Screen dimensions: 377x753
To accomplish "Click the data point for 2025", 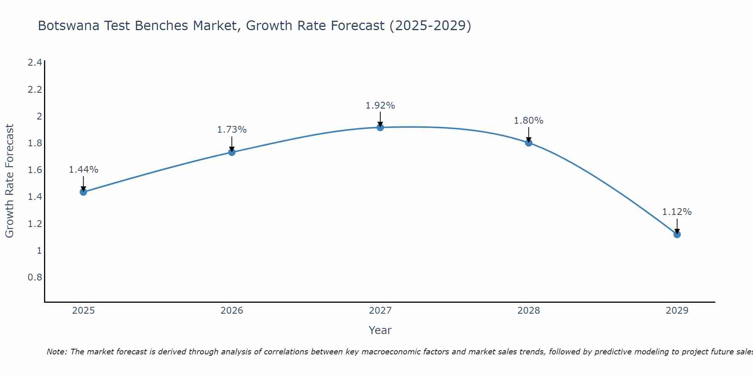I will point(83,192).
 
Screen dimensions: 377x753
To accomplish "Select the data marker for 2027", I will point(380,127).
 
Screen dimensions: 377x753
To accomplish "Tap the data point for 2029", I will point(677,234).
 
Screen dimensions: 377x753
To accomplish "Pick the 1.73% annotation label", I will point(232,130).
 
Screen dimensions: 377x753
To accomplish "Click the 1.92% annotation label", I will point(380,106).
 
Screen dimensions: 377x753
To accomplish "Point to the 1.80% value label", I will point(529,121).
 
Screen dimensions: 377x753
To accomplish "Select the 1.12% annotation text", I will point(677,212).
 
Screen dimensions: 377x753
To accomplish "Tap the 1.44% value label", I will point(83,170).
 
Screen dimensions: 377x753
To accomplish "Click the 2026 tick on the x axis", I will point(232,311).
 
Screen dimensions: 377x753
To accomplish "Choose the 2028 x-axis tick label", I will point(529,311).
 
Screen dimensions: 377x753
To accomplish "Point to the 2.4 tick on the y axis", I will point(35,63).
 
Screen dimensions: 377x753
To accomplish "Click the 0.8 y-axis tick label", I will point(35,277).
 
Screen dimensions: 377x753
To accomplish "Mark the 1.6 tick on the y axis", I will point(35,170).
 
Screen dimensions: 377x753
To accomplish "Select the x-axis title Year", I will point(380,330).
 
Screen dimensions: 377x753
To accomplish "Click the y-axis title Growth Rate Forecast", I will point(9,181).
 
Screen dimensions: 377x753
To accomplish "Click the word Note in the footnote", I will point(56,352).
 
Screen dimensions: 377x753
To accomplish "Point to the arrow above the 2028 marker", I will point(529,134).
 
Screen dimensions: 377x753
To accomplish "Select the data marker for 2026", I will point(232,152).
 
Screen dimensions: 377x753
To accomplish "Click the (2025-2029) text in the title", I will point(430,26).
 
